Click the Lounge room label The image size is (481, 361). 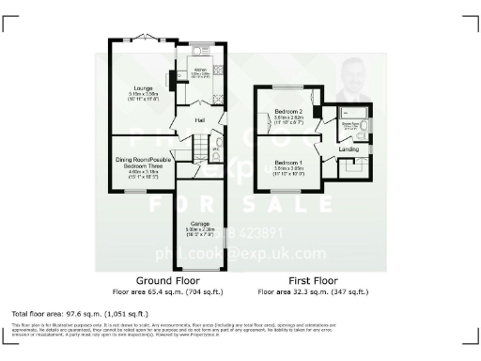click(x=144, y=87)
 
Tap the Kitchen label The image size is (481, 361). click(x=200, y=69)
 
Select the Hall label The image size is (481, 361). click(x=200, y=120)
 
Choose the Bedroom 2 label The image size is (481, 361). click(x=286, y=111)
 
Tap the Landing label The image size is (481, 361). click(x=349, y=149)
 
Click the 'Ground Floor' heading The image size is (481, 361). click(x=165, y=280)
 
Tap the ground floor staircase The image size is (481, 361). click(x=198, y=146)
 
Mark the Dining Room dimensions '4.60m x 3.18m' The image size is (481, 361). click(x=144, y=170)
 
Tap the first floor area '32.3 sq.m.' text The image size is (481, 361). click(x=301, y=290)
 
